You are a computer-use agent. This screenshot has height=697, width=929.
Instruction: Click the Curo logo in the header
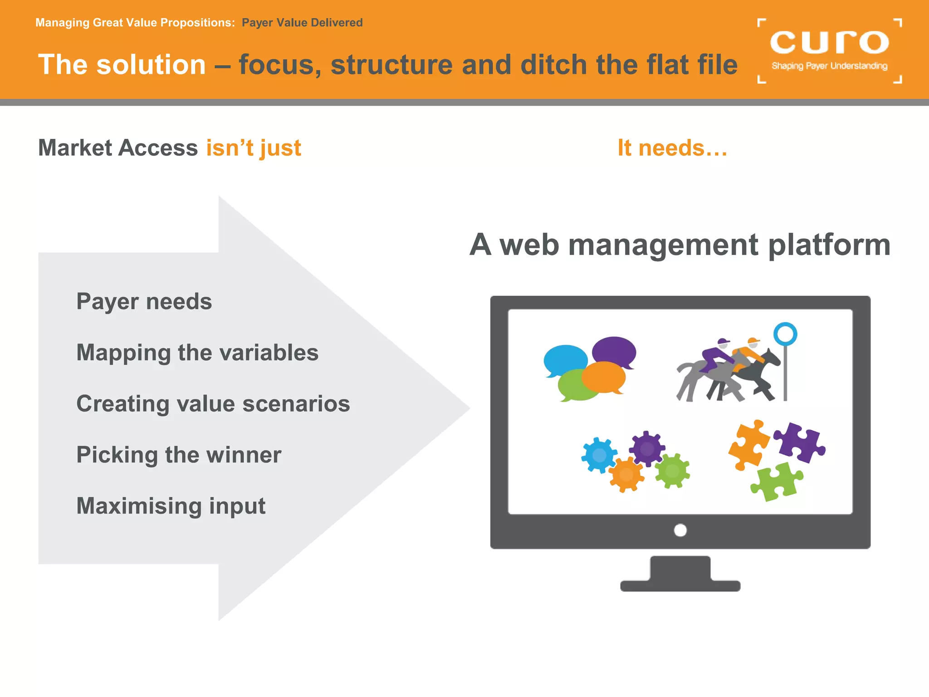click(x=829, y=50)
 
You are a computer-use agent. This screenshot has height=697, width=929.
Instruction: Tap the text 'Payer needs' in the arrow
click(x=144, y=302)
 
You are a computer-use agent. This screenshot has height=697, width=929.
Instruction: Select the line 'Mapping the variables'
click(x=197, y=353)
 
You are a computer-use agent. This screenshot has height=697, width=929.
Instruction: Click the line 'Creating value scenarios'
click(x=213, y=403)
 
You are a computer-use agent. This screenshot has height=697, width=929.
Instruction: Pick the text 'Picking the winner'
click(x=179, y=455)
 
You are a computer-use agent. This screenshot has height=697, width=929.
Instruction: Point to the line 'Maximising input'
click(x=171, y=506)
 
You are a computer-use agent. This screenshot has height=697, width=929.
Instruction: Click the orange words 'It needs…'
click(x=672, y=148)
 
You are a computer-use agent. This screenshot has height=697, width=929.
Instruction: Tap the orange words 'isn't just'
click(x=254, y=148)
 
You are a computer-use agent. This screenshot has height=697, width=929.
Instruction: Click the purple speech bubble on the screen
click(x=615, y=350)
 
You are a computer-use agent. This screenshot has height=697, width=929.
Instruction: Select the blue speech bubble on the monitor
click(x=565, y=360)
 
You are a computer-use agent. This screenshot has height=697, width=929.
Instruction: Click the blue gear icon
click(x=599, y=455)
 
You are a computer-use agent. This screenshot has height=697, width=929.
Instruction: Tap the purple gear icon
click(x=647, y=448)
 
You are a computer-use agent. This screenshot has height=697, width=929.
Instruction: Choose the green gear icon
click(x=672, y=471)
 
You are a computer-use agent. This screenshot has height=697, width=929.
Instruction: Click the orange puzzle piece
click(x=748, y=445)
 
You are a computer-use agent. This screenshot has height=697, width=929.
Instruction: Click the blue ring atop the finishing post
click(x=785, y=334)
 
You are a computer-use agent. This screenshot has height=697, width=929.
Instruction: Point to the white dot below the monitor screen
click(x=680, y=530)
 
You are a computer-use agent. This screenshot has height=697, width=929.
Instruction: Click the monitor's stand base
click(x=680, y=585)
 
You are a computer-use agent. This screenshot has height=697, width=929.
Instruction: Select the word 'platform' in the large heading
click(x=829, y=245)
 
